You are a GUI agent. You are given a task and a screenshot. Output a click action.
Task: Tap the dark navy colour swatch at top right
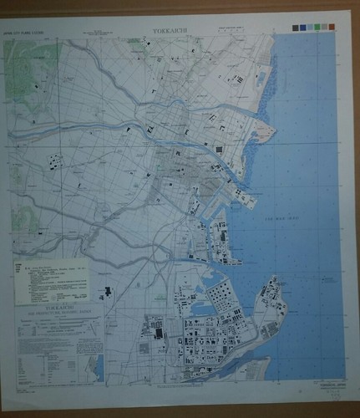click(296, 28)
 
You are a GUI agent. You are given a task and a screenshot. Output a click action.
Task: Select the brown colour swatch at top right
click(332, 28)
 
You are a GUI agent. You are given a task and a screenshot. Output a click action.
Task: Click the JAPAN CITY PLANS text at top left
click(24, 34)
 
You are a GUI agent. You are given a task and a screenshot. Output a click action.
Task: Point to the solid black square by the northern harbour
click(221, 149)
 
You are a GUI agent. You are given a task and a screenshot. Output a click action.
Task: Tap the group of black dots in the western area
click(57, 161)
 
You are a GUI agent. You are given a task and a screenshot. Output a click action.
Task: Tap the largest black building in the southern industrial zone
click(159, 333)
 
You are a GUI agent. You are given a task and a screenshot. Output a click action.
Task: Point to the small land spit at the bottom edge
click(251, 368)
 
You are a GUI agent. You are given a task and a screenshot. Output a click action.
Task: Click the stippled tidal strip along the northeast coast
click(266, 109)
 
